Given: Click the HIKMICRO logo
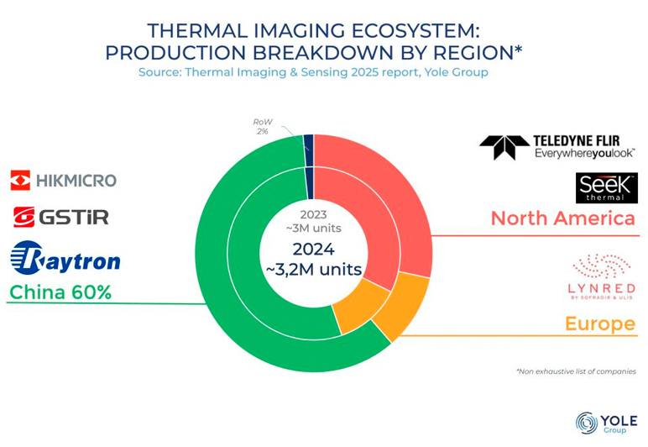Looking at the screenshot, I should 64,180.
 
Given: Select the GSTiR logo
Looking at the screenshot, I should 60,217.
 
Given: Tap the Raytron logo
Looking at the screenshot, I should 65,256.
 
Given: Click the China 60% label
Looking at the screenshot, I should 60,292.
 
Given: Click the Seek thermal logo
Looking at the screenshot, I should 606,188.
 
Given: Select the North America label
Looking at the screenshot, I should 562,218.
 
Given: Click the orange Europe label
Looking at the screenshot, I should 599,323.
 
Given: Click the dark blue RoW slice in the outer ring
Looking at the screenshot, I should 308,142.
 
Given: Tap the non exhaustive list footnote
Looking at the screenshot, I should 575,371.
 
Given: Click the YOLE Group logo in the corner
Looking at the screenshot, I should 605,422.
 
